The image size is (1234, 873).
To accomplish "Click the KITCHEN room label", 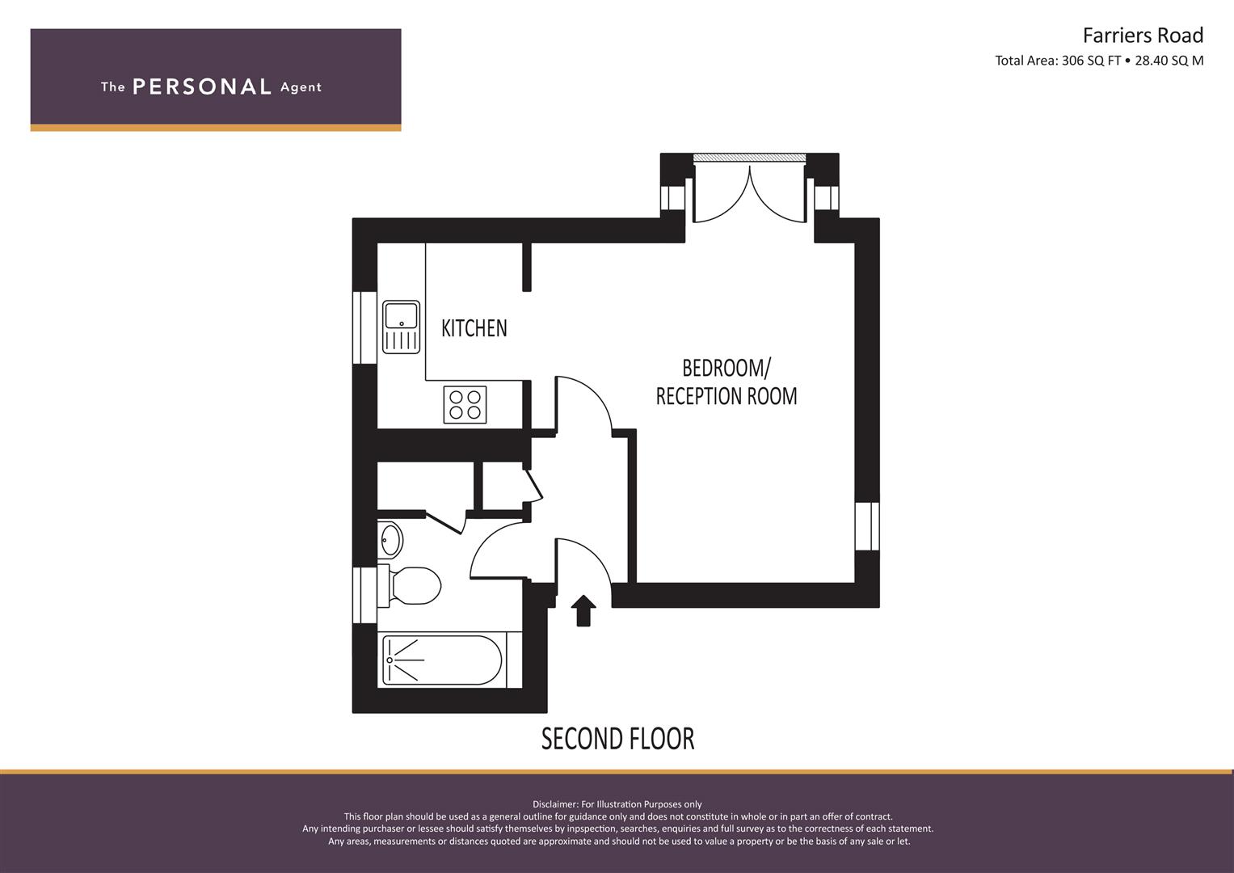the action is click(474, 328).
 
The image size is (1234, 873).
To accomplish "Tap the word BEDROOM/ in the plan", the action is click(726, 368).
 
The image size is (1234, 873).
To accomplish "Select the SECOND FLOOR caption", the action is click(617, 739).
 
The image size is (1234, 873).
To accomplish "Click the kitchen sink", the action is click(401, 327).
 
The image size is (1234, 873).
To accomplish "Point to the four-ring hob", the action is click(465, 405).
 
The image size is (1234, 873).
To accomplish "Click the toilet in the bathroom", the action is click(410, 584).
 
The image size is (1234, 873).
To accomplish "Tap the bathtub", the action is click(442, 660).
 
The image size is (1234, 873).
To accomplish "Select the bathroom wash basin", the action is click(390, 540).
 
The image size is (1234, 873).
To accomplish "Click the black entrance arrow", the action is click(583, 610).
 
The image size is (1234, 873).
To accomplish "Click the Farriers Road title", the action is click(1143, 36).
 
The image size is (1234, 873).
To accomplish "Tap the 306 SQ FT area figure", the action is click(1091, 61).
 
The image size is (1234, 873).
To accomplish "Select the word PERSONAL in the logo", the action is click(202, 86).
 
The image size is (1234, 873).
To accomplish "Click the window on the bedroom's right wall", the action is click(867, 526).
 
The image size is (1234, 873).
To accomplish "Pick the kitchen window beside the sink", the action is click(364, 327).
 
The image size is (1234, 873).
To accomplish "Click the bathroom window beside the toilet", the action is click(364, 595).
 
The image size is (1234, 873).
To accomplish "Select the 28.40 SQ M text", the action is click(1169, 61).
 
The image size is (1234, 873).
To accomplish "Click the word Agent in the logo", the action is click(301, 87).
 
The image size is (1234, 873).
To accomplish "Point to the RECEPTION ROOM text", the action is click(726, 396).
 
